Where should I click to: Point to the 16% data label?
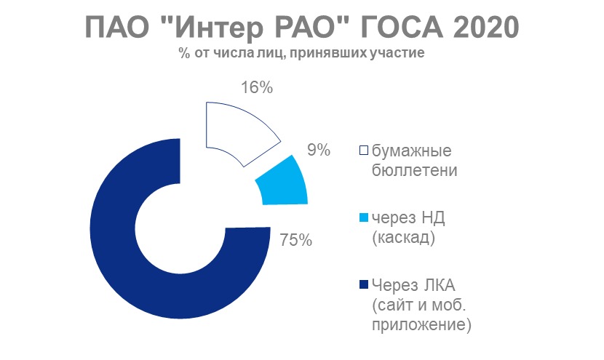257,88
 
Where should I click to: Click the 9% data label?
319,150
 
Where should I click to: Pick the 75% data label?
295,240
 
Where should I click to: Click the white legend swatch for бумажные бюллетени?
363,150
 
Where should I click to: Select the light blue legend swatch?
363,218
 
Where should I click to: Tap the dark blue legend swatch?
363,285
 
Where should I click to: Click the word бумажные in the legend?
411,151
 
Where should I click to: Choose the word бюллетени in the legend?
415,170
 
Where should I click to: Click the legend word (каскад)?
403,238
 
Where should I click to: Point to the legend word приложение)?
421,324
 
